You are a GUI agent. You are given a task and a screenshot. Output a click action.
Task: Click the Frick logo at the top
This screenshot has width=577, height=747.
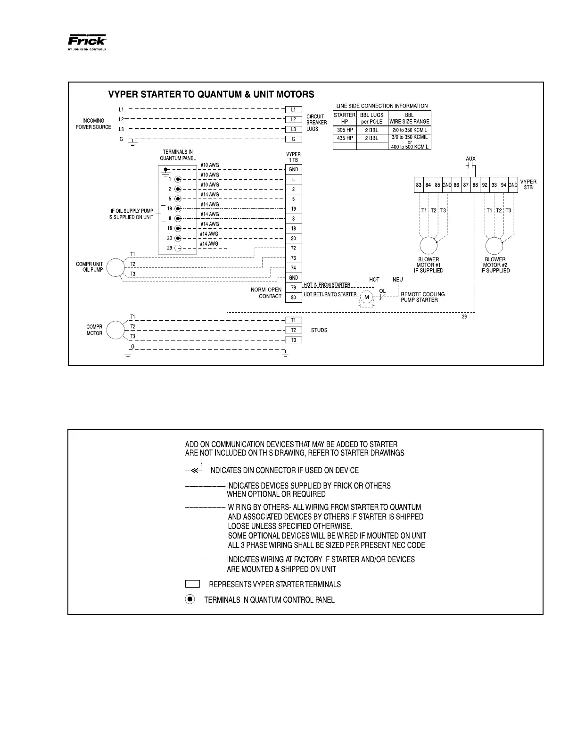click(88, 41)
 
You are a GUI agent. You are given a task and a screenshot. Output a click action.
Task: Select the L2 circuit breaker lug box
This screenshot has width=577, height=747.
click(293, 119)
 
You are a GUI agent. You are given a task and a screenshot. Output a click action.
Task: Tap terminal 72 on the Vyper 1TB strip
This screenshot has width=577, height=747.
click(293, 248)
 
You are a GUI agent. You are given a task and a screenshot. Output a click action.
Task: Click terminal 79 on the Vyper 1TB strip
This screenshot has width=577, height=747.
click(293, 288)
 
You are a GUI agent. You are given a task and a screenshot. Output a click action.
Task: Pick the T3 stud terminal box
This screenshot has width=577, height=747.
click(293, 340)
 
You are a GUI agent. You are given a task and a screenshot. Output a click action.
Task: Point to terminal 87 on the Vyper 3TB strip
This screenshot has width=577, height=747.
click(466, 185)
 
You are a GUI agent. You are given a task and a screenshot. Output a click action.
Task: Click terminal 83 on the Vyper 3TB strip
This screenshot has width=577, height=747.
click(419, 185)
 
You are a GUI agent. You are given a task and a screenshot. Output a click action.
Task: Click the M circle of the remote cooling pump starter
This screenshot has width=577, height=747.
click(366, 297)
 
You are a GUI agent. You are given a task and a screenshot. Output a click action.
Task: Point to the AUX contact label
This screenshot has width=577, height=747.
click(470, 159)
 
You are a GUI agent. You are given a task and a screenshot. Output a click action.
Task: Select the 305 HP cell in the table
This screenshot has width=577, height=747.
click(345, 130)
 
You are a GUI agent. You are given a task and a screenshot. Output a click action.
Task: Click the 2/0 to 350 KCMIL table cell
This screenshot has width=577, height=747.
click(409, 130)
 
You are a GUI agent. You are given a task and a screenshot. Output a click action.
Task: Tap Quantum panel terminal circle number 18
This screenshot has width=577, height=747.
click(178, 228)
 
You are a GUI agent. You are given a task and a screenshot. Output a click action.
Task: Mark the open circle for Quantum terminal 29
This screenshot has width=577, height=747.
click(178, 248)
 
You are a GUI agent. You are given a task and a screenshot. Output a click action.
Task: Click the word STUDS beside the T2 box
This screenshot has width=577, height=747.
click(319, 330)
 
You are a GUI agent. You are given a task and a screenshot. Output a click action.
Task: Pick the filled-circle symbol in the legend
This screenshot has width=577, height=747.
click(190, 599)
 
